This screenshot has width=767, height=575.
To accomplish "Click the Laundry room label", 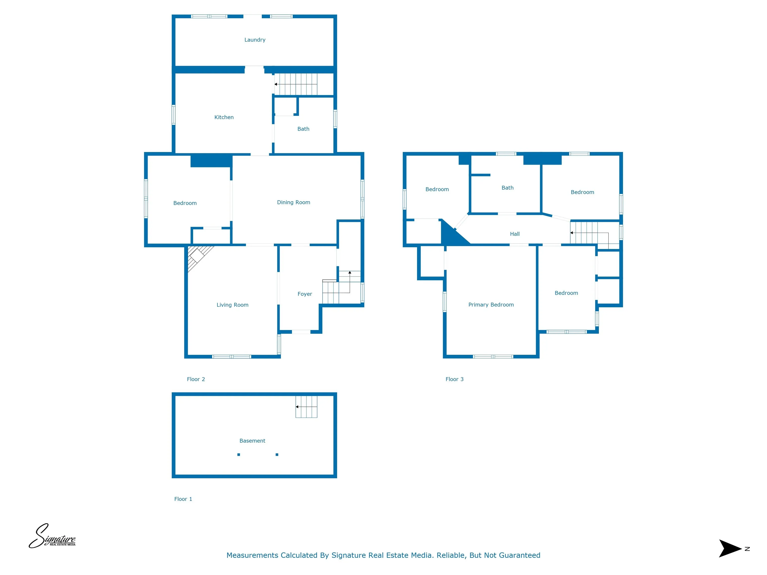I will coord(255,40).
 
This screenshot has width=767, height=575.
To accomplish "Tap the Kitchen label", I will coord(224,117).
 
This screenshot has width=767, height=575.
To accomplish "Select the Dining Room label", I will coord(293,202).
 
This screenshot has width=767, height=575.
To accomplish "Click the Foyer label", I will coord(305,294).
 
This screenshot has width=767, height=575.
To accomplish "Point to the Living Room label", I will coord(232,305).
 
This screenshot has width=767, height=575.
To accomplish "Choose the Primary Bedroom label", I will coord(491,305).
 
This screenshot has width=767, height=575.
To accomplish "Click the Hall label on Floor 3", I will coord(515,234).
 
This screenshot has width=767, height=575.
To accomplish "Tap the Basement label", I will coord(252,441).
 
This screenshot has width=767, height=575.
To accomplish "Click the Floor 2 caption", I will coord(196,379).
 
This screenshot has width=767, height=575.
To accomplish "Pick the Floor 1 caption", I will coord(183,499).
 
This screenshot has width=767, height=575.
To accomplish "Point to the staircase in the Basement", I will coord(306,407).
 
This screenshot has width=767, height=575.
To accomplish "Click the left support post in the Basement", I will coord(238,455).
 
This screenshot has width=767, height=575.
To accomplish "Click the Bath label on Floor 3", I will coord(507,188).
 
